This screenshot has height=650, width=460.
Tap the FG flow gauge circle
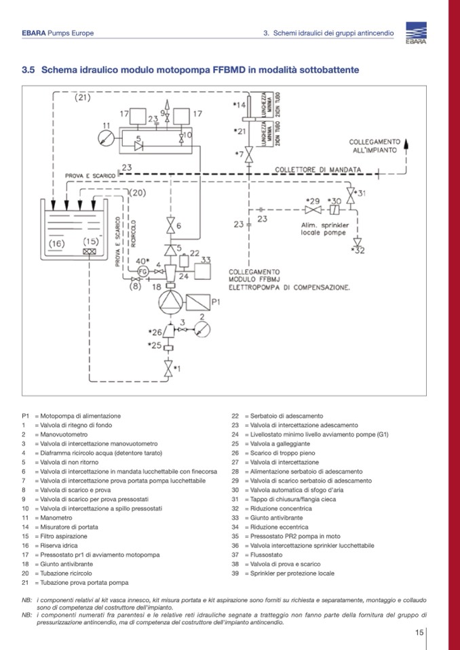[x=142, y=271]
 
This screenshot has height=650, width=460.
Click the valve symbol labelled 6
[x=170, y=225]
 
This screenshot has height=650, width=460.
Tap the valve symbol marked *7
[x=249, y=158]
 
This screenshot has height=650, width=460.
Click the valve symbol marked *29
[x=313, y=210]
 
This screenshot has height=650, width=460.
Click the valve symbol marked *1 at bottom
[x=169, y=368]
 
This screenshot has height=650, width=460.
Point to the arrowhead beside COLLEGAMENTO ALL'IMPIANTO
[x=407, y=142]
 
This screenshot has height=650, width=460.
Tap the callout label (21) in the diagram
[x=82, y=97]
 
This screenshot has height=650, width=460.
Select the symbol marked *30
[x=333, y=210]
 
